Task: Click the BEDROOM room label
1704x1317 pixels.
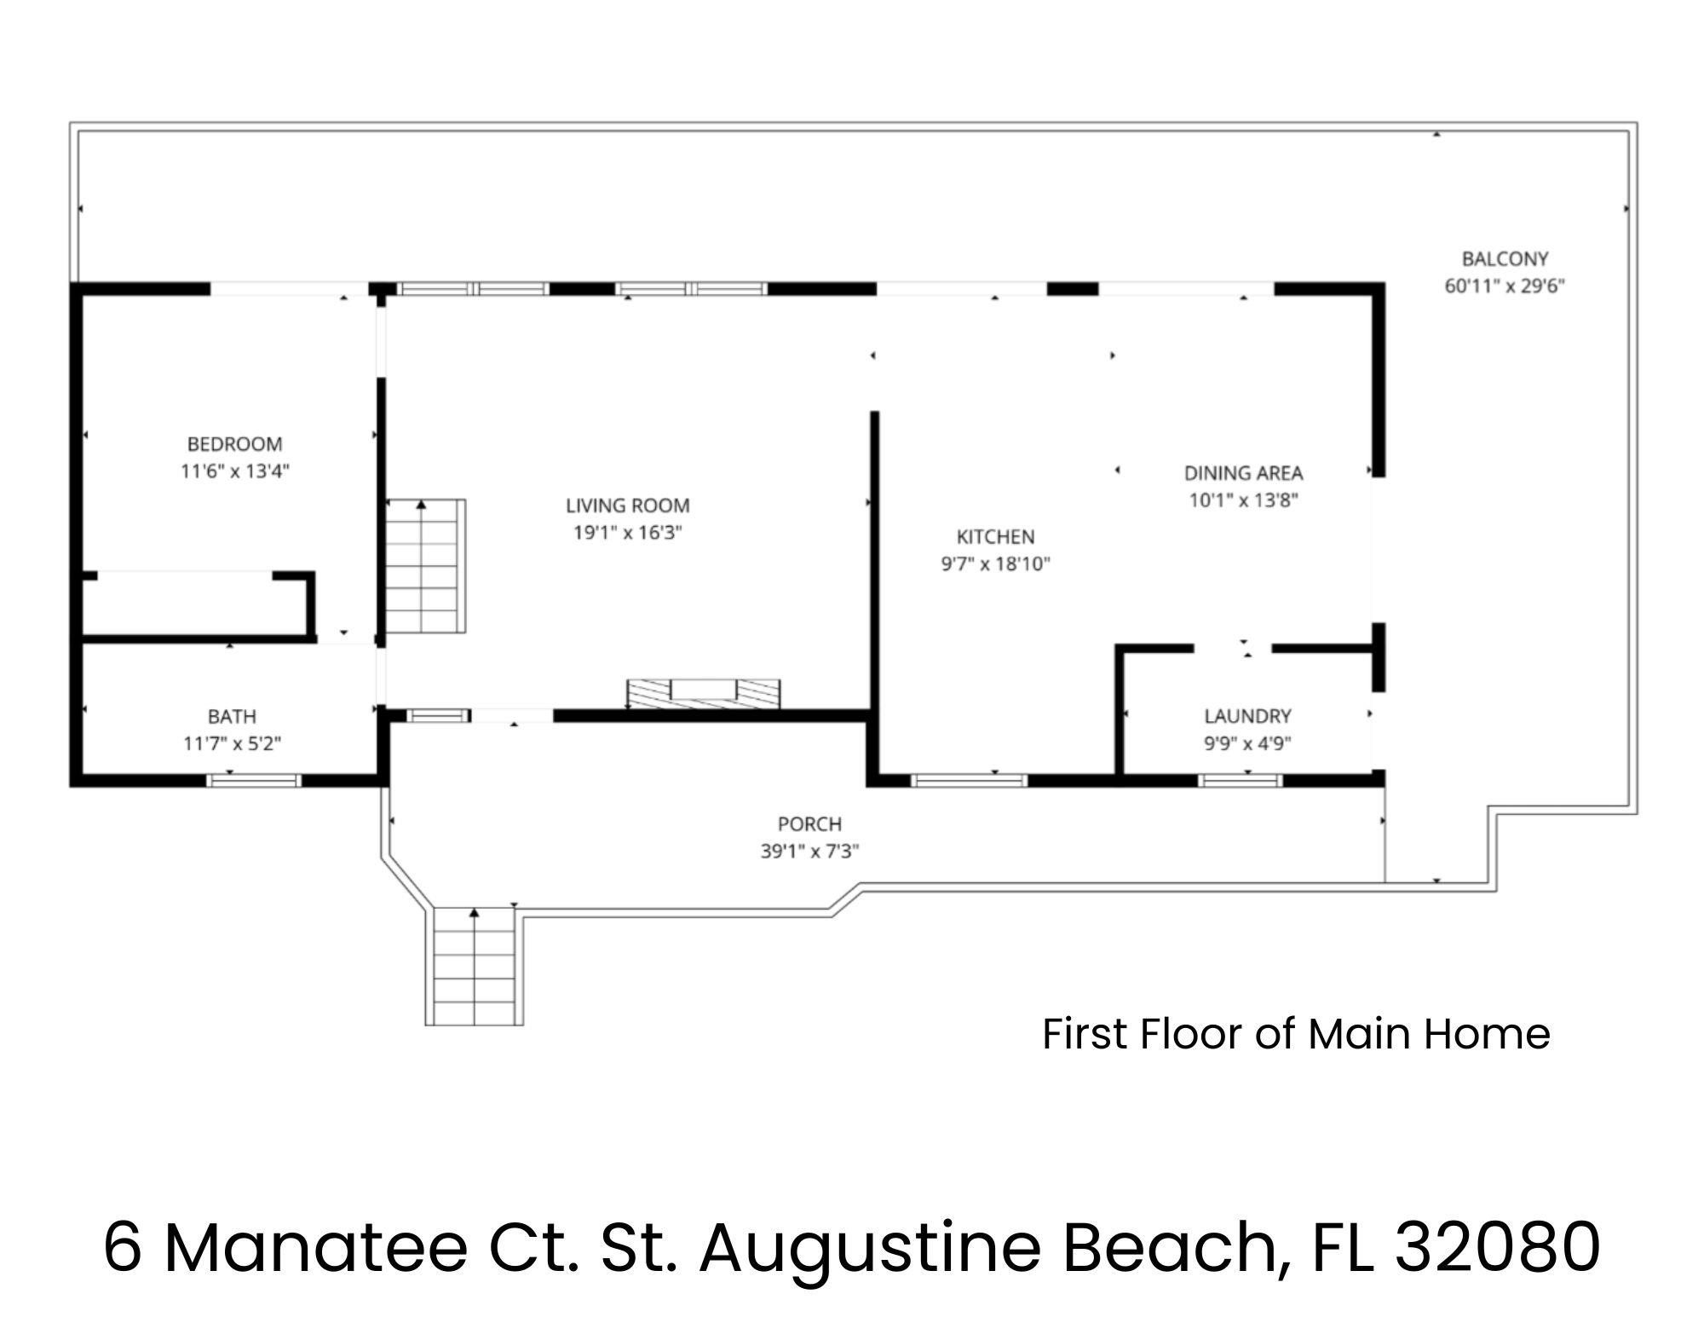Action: [x=234, y=444]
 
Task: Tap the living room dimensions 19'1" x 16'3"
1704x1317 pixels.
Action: [x=628, y=533]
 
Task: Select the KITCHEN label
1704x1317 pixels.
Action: [x=995, y=537]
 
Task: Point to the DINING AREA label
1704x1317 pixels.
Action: [x=1243, y=473]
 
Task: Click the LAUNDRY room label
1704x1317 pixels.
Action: [x=1247, y=716]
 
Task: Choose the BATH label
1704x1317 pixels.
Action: [x=232, y=717]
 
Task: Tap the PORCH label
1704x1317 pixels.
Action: [x=809, y=824]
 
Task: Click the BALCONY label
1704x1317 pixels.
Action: [x=1505, y=259]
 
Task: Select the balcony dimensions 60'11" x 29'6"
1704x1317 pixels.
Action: [x=1505, y=286]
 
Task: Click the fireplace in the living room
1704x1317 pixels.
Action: [x=704, y=694]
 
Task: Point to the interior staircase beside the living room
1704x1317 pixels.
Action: [x=426, y=566]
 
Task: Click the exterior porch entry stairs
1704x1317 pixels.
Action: [x=474, y=966]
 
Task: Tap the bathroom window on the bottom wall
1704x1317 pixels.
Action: [x=254, y=780]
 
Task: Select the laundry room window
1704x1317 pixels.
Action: [x=1241, y=780]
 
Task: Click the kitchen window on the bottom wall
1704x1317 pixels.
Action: [x=969, y=780]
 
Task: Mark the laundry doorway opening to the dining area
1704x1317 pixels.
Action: [x=1232, y=649]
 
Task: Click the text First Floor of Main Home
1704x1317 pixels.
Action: [x=1296, y=1034]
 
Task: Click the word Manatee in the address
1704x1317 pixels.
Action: [x=315, y=1247]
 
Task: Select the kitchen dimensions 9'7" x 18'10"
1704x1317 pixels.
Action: [x=995, y=564]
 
